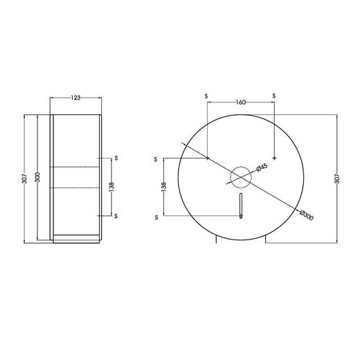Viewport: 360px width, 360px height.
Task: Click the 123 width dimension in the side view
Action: pos(75,98)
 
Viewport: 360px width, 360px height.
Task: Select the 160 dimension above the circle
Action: pos(241,102)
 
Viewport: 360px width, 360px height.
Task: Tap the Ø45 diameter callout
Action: pos(262,168)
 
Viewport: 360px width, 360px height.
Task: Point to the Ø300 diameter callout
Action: pos(307,215)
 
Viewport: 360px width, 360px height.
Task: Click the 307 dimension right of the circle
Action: pos(337,179)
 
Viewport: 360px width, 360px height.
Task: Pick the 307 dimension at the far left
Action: pos(25,179)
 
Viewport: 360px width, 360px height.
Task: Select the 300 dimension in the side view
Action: pos(38,177)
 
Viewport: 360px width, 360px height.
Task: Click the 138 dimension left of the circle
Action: pos(164,187)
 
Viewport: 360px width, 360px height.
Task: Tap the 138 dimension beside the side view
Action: pos(111,187)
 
